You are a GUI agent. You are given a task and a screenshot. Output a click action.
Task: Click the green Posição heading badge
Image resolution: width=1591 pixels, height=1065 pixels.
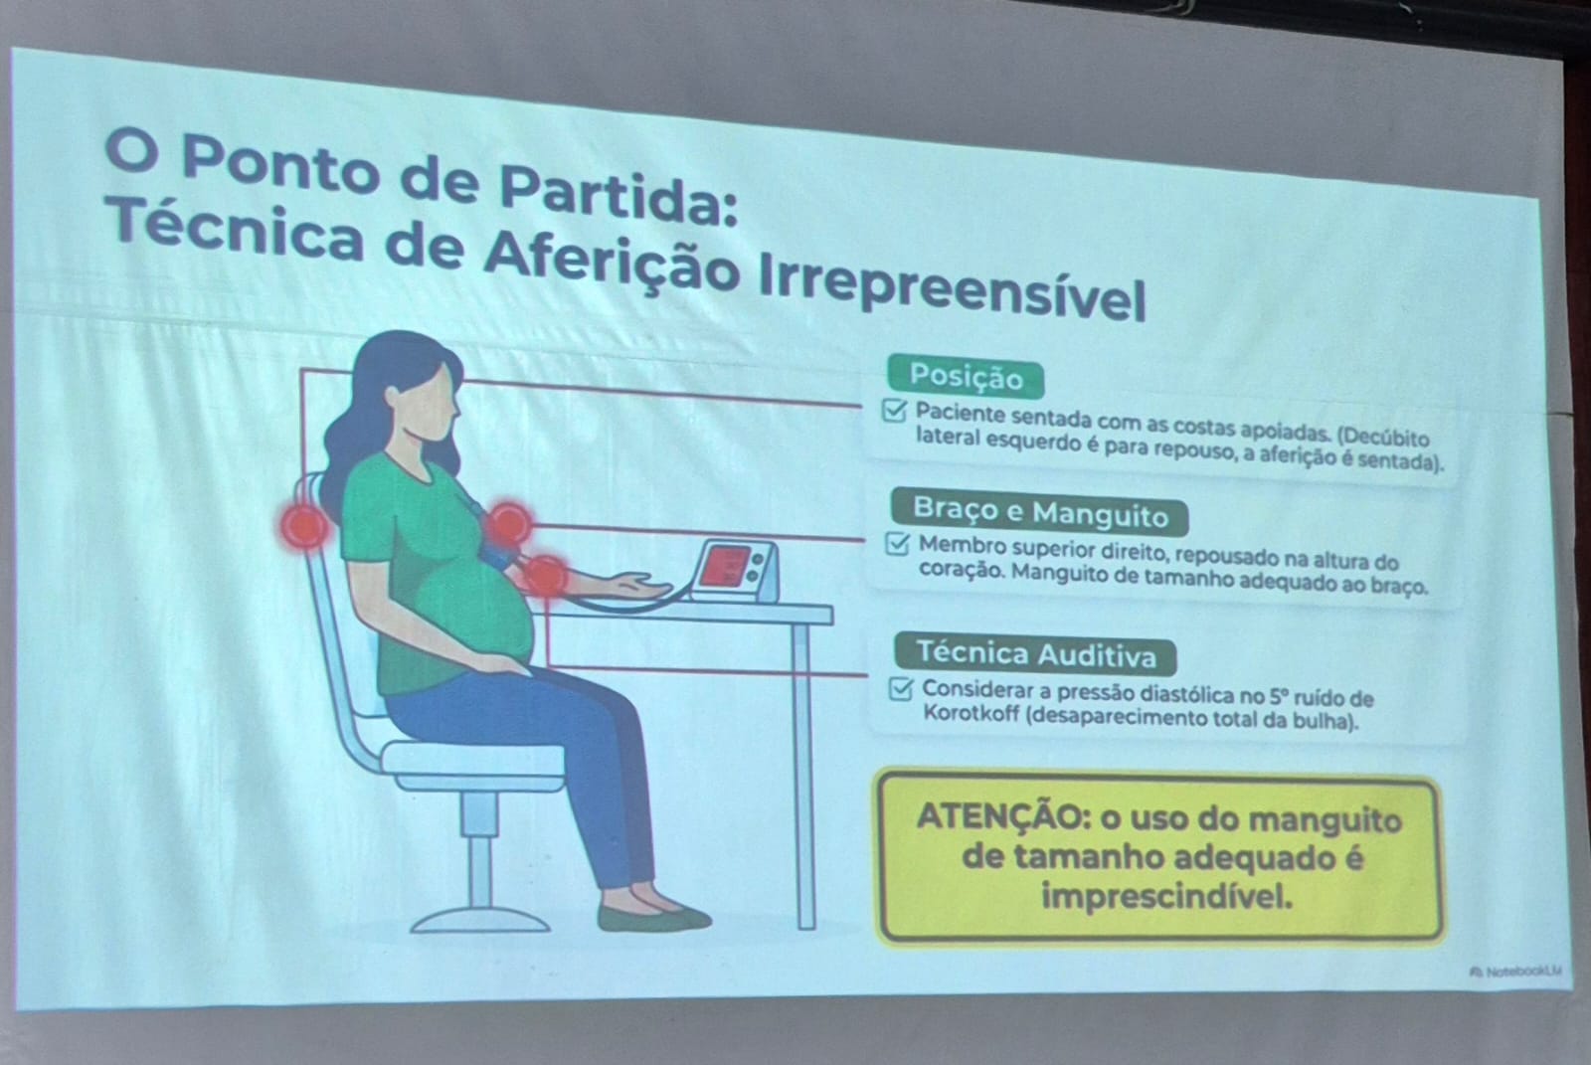tap(966, 377)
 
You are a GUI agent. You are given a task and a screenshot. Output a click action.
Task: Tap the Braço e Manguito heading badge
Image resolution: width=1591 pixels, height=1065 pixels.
tap(1040, 511)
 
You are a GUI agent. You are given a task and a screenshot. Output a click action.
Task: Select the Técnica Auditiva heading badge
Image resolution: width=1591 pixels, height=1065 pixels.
tap(1035, 653)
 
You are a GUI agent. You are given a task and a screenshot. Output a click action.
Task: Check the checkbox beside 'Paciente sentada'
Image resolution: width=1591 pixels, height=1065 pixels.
tap(894, 410)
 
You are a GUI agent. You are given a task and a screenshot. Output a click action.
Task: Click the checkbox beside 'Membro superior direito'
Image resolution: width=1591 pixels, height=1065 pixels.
tap(898, 544)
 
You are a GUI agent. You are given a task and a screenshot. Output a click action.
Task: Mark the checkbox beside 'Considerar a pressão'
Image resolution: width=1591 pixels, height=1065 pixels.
tap(901, 688)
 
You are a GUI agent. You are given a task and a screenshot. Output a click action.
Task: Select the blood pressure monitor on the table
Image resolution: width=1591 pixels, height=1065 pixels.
tap(736, 571)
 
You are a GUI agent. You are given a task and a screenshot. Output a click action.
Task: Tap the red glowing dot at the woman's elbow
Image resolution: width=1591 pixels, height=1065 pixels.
tap(545, 576)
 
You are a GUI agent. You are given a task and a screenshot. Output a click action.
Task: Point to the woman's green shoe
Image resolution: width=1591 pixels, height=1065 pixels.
tap(652, 917)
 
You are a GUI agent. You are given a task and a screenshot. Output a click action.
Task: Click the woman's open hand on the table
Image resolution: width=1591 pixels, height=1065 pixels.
tap(639, 586)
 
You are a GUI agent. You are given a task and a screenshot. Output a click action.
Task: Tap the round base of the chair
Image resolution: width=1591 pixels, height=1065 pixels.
tap(480, 921)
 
